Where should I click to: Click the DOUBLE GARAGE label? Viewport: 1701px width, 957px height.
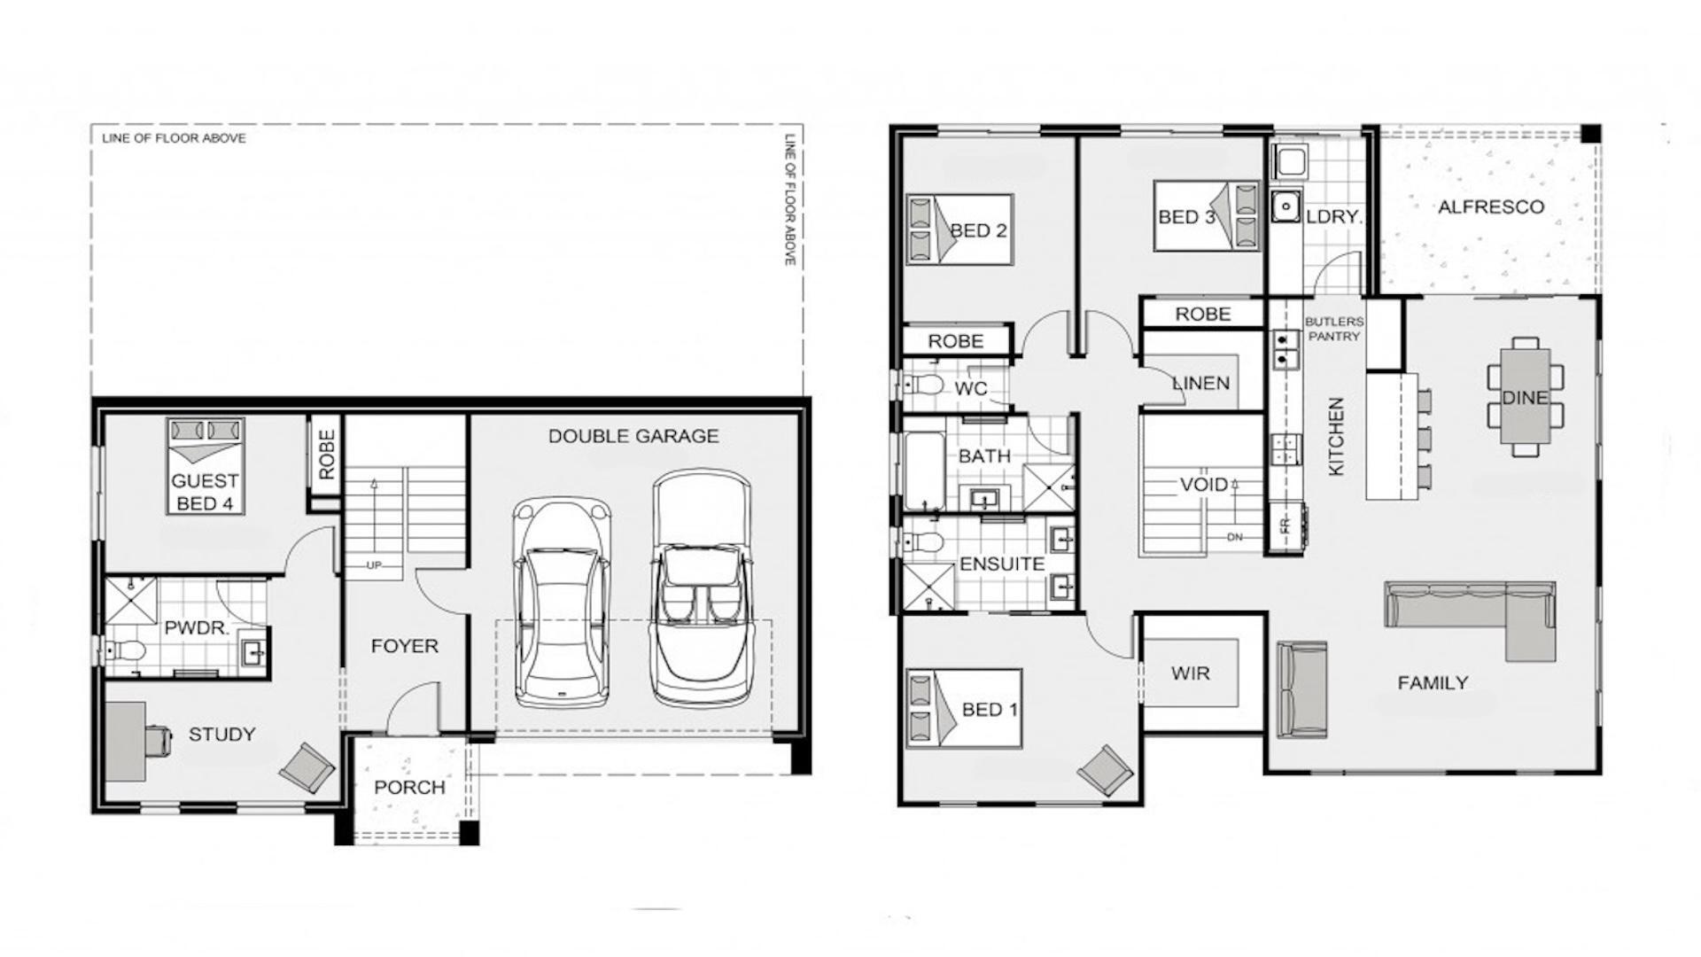tap(633, 436)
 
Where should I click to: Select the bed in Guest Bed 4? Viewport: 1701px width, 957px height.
tap(205, 465)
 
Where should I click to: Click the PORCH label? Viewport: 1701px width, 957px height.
tap(409, 787)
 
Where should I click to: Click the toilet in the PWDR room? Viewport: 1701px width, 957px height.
tap(124, 651)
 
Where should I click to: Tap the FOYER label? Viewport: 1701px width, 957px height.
tap(404, 646)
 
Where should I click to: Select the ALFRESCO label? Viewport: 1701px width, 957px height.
tap(1490, 207)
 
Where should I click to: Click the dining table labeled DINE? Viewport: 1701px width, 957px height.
tap(1524, 398)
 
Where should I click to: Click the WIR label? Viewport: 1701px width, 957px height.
tap(1190, 673)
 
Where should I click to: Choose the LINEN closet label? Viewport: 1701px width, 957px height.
tap(1201, 384)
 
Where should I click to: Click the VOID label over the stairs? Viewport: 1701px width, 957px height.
tap(1203, 485)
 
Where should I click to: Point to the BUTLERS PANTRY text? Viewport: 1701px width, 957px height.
tap(1333, 329)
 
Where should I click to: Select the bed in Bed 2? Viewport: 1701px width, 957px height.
tap(959, 230)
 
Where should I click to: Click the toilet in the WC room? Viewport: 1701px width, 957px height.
tap(924, 385)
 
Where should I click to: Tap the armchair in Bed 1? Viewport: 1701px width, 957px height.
tap(1105, 769)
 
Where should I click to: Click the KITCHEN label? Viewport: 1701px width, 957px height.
tap(1336, 436)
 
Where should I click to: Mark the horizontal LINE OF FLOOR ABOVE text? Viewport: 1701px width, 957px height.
tap(174, 138)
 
